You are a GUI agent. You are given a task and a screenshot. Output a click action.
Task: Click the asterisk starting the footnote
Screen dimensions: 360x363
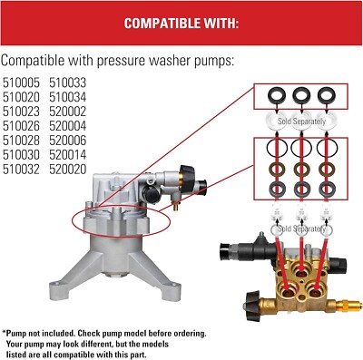pos(4,333)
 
